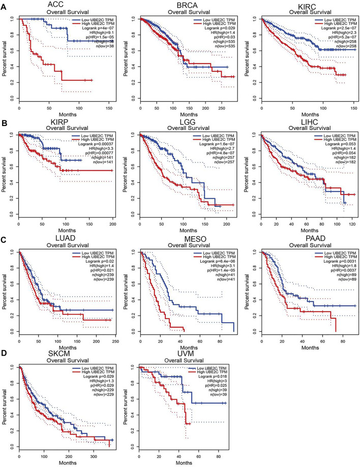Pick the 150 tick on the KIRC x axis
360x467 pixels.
pos(351,108)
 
